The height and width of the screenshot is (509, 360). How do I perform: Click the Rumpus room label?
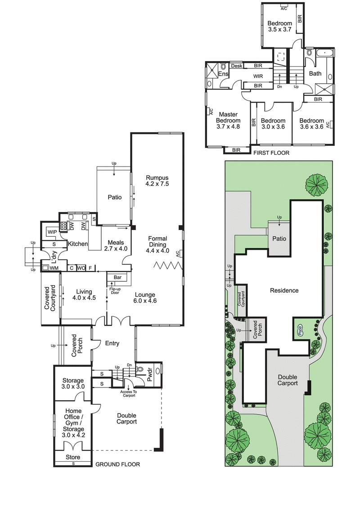pyautogui.click(x=156, y=180)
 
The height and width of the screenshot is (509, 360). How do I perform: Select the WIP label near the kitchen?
pyautogui.click(x=52, y=232)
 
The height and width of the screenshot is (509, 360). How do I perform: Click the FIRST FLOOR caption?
pyautogui.click(x=271, y=153)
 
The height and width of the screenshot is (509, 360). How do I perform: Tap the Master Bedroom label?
pyautogui.click(x=228, y=121)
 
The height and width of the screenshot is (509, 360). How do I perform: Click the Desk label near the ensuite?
pyautogui.click(x=237, y=66)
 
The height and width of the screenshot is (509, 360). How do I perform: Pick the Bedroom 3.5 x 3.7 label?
pyautogui.click(x=280, y=27)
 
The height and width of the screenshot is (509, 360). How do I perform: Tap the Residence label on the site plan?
pyautogui.click(x=284, y=290)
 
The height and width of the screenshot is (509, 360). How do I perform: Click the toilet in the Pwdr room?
pyautogui.click(x=140, y=369)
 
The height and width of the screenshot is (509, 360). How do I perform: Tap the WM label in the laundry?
pyautogui.click(x=54, y=268)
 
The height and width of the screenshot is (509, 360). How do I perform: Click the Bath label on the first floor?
pyautogui.click(x=315, y=73)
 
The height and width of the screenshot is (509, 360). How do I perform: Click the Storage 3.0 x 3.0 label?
pyautogui.click(x=73, y=383)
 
